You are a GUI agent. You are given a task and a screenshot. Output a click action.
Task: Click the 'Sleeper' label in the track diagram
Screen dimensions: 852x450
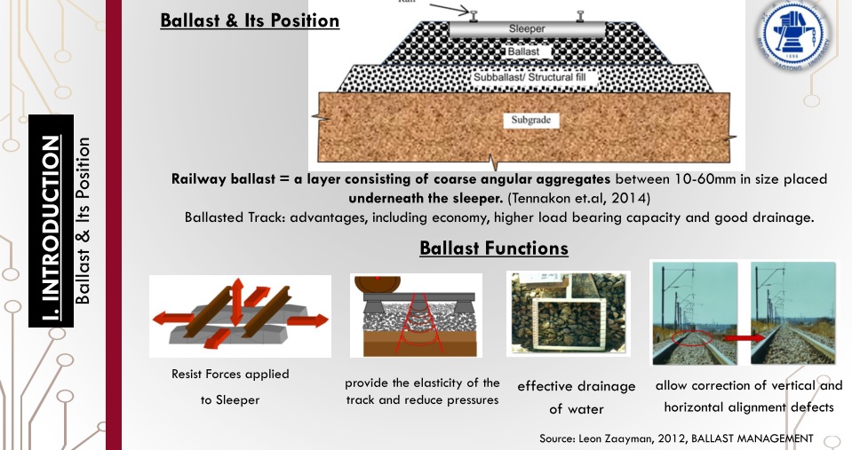point(527,29)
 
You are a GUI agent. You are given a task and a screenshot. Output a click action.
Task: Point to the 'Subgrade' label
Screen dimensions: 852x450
point(530,119)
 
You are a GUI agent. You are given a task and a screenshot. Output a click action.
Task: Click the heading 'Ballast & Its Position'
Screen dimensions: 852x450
point(250,20)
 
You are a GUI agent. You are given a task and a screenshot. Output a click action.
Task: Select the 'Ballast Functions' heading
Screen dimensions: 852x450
point(493,248)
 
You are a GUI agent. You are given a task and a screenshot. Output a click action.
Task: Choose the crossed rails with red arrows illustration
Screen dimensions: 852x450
point(239,314)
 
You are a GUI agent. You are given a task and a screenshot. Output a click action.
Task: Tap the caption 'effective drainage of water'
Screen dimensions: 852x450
point(577,397)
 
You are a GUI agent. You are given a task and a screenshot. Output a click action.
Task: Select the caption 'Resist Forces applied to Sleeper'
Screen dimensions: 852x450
point(230,387)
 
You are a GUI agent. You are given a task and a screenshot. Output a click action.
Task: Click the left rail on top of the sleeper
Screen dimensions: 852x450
point(474,15)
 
